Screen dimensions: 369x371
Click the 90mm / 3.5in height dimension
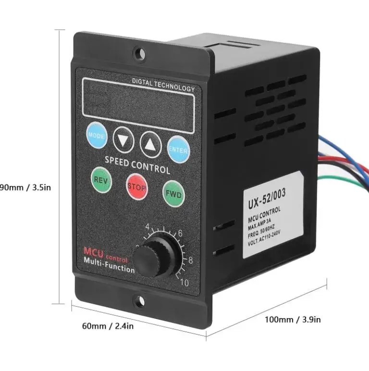coord(24,187)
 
